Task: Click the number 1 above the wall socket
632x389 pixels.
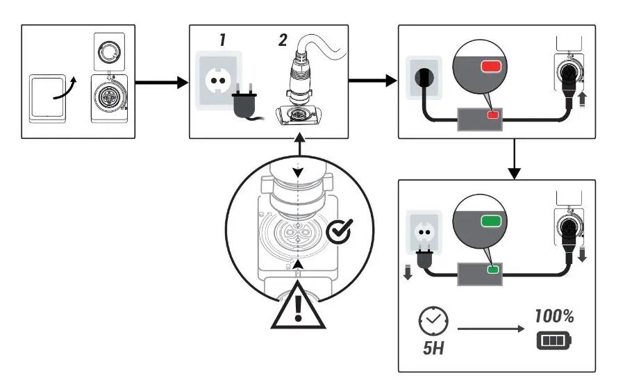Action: click(x=223, y=40)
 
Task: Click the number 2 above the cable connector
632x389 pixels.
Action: click(x=283, y=40)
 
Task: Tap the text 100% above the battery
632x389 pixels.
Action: click(x=554, y=317)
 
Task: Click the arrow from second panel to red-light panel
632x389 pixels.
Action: click(x=371, y=83)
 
